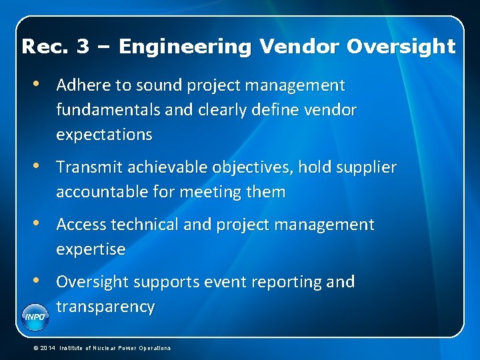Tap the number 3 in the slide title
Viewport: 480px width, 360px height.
pyautogui.click(x=83, y=47)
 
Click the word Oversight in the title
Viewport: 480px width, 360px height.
pyautogui.click(x=401, y=47)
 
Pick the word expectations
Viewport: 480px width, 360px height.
pyautogui.click(x=104, y=135)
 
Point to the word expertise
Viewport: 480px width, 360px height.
pyautogui.click(x=91, y=249)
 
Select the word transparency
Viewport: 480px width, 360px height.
pyautogui.click(x=105, y=307)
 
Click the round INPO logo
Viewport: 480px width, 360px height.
pyautogui.click(x=35, y=316)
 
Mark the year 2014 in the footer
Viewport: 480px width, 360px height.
pyautogui.click(x=49, y=348)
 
